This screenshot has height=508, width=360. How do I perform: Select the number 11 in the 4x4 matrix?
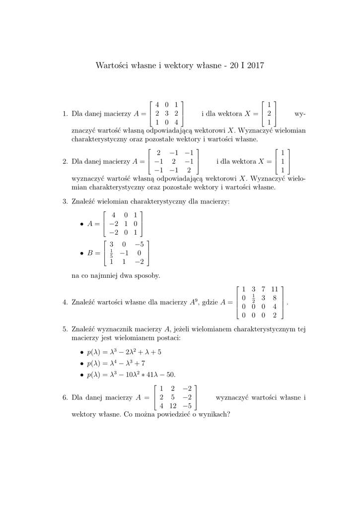point(275,289)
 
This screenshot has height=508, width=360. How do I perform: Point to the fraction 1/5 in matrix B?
point(112,253)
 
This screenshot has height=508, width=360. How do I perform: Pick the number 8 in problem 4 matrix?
point(275,298)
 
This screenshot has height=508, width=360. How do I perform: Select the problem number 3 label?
point(65,201)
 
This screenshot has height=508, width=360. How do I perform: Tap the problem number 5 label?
point(65,328)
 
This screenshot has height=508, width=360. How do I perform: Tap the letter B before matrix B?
point(90,253)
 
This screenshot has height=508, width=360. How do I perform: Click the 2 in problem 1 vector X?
point(269,113)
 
